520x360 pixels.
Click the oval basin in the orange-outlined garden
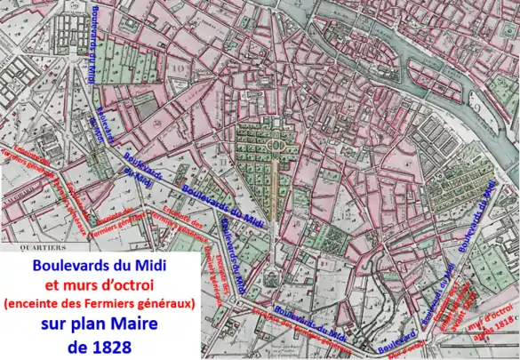pyautogui.click(x=275, y=143)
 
